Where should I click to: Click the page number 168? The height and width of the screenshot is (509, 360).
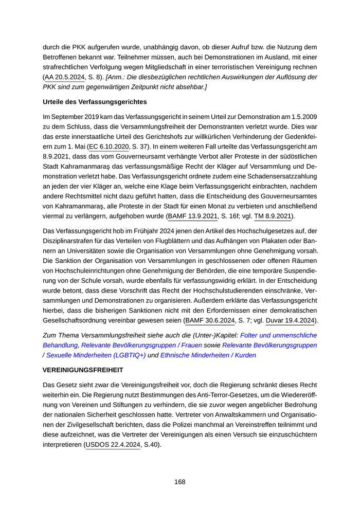(x=179, y=482)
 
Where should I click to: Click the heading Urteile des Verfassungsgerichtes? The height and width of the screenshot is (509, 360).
(x=95, y=101)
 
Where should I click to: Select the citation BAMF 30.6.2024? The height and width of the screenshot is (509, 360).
(x=210, y=320)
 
